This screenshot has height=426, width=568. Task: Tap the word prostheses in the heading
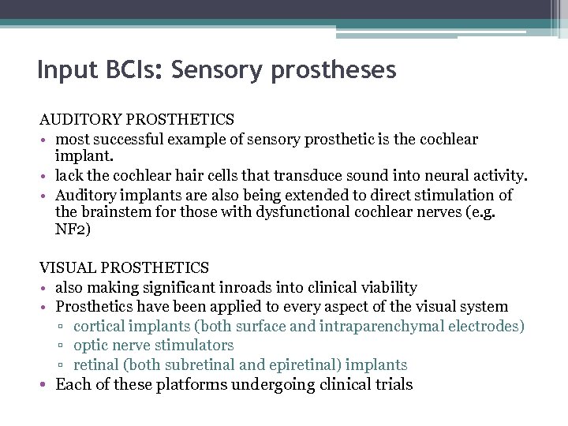click(x=333, y=71)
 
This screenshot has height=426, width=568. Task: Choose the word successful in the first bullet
click(x=120, y=139)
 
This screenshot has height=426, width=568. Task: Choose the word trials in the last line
click(x=392, y=385)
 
